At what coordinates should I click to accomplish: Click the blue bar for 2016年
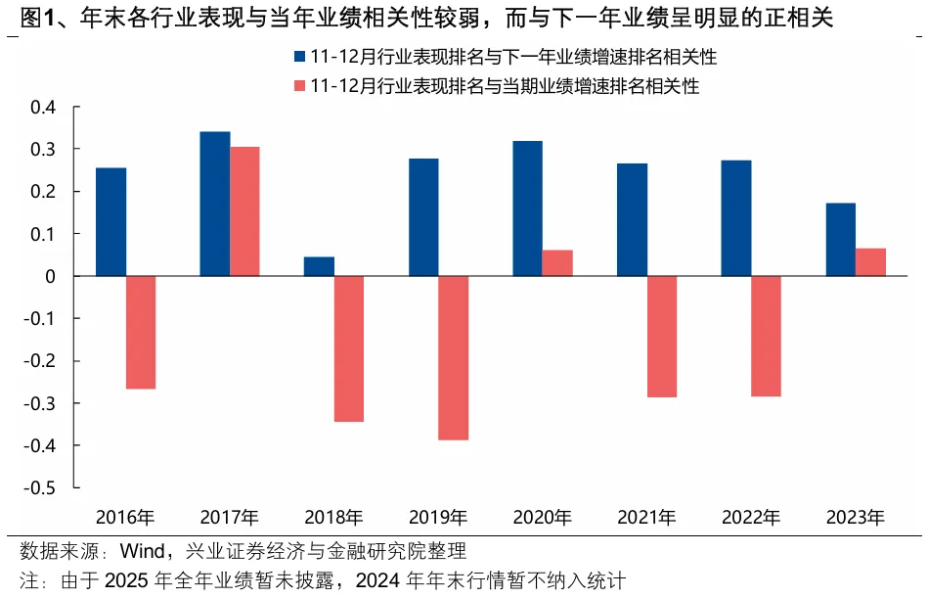coord(110,222)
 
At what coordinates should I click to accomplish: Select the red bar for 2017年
coord(244,211)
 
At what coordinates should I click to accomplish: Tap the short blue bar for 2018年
coord(319,266)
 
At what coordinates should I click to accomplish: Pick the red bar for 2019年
coord(453,357)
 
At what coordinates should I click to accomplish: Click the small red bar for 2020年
coord(557,263)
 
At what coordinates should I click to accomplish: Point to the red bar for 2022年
coord(766,336)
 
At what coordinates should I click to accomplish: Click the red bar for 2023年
coord(870,262)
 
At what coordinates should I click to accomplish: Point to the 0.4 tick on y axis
coord(45,107)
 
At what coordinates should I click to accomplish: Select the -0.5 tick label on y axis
coord(42,487)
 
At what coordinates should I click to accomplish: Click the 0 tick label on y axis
coord(51,276)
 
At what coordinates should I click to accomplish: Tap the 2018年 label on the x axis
coord(333,517)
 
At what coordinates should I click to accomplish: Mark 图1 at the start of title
coord(28,17)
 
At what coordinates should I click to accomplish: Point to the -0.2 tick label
coord(42,361)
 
